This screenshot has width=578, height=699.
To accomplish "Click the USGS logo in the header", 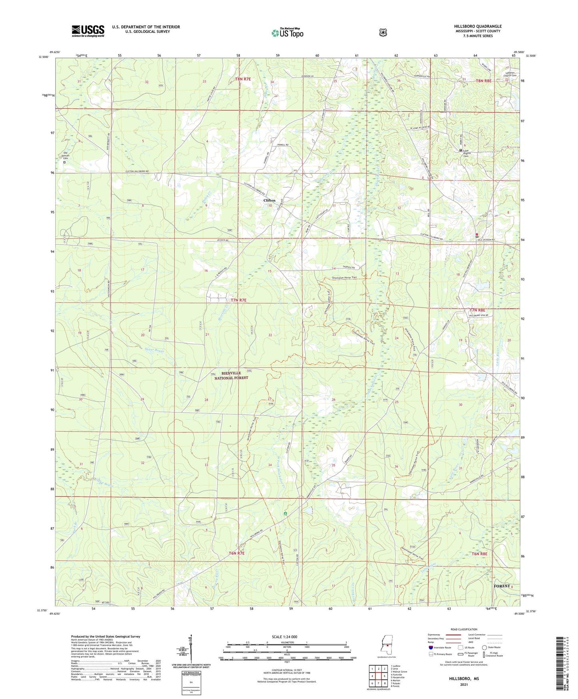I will [x=88, y=31].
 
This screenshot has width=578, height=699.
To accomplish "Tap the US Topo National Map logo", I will [x=287, y=33].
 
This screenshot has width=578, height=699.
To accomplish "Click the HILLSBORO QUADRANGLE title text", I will [x=475, y=26].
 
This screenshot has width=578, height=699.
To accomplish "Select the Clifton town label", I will [x=269, y=200].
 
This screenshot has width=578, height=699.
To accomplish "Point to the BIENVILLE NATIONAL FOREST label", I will [x=231, y=375].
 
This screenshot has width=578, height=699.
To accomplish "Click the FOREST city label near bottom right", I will [x=502, y=586].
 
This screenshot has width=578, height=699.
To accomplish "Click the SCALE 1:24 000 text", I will [x=284, y=637].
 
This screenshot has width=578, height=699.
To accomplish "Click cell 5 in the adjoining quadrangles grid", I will [x=384, y=676].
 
